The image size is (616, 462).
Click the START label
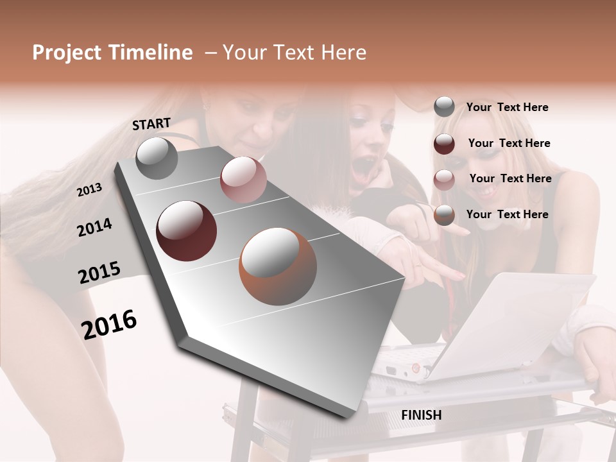pos(151,124)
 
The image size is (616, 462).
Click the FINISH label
pos(422,415)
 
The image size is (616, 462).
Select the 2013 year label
pos(90,189)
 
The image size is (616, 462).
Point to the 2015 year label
pos(99,273)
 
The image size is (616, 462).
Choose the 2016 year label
pos(109,324)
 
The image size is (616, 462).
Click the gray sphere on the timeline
pos(157,158)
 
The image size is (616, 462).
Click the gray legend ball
pos(444,107)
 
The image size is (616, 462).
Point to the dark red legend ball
pos(444,144)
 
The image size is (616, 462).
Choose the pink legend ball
pos(444,180)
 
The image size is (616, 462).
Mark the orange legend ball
pos(444,215)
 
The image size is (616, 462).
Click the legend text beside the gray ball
pos(507,107)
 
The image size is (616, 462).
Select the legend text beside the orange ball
pos(507,214)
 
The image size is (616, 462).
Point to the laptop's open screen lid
pos(507,321)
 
